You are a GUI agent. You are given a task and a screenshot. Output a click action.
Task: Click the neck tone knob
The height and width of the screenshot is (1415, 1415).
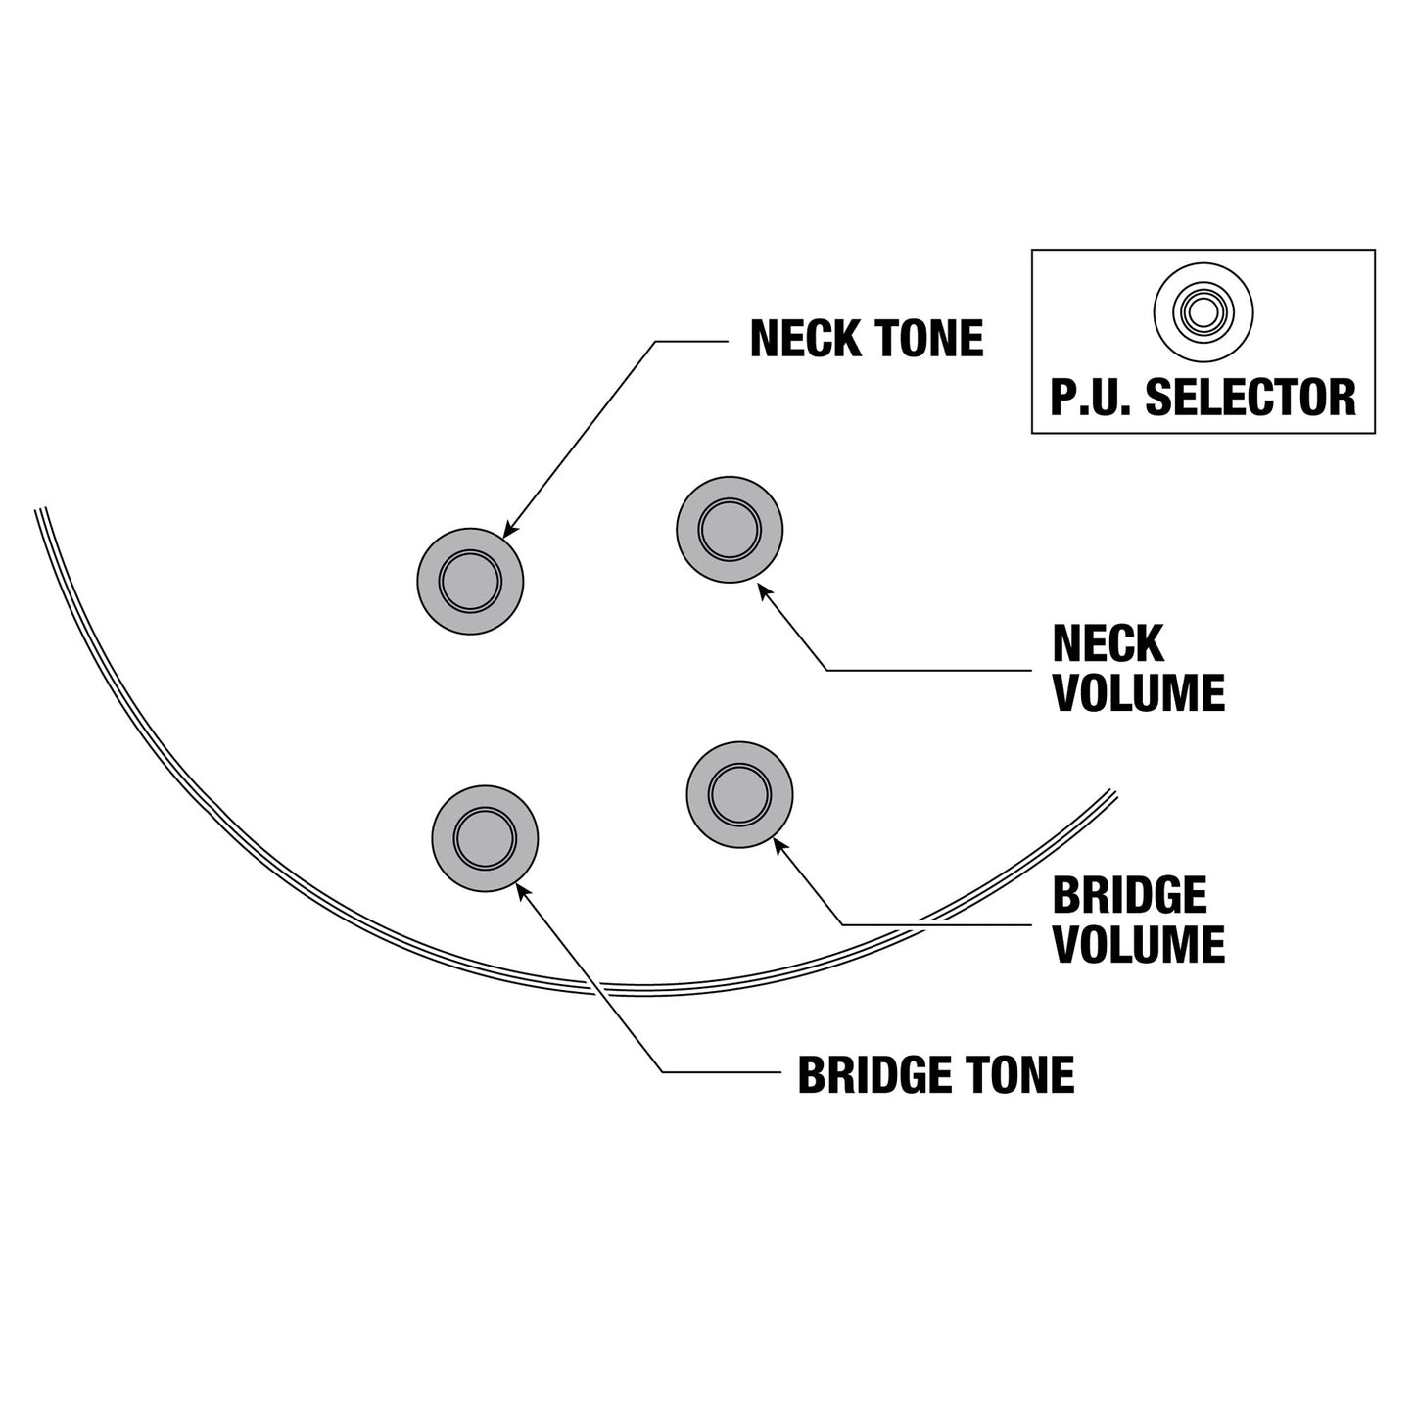470,582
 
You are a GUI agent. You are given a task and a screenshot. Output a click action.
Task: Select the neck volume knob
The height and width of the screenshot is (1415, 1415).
730,530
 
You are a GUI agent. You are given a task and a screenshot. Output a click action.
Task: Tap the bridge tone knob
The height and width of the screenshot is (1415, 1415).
485,838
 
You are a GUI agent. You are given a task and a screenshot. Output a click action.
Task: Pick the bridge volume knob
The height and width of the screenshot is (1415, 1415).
739,794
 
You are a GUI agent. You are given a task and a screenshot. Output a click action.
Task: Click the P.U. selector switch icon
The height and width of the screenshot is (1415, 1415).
1203,312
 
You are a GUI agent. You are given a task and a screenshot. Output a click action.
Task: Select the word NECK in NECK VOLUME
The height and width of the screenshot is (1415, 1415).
1108,643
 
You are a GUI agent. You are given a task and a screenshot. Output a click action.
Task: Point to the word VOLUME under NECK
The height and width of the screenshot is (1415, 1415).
1139,692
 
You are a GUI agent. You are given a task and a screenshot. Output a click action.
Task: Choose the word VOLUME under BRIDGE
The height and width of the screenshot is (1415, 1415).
1139,944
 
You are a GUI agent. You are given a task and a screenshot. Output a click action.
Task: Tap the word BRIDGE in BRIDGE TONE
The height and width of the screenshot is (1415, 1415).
873,1075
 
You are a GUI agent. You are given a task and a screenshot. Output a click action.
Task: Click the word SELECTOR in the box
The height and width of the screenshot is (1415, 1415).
1250,398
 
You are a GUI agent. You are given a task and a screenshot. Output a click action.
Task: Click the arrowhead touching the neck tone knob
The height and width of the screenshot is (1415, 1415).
509,530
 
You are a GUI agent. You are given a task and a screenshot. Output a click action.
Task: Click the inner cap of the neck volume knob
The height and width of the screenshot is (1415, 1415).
730,530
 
